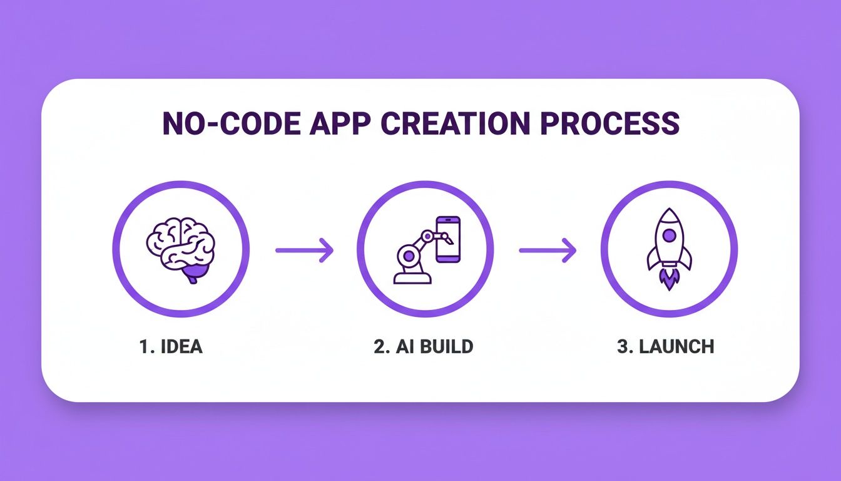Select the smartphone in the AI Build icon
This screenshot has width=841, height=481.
click(x=448, y=239)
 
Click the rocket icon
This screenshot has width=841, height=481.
click(x=669, y=248)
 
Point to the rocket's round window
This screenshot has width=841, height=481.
click(x=669, y=235)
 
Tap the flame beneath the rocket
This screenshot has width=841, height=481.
click(x=669, y=280)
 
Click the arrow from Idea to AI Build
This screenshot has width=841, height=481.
click(x=305, y=250)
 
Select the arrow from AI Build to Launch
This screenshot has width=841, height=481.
click(x=548, y=250)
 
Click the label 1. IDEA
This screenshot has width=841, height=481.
click(x=171, y=347)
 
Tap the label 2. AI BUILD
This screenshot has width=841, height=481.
click(x=424, y=347)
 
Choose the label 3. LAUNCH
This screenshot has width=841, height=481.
click(x=665, y=347)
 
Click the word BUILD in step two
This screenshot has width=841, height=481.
click(x=447, y=347)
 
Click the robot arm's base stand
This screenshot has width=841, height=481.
click(x=412, y=277)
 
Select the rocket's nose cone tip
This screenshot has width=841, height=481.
click(x=669, y=212)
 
